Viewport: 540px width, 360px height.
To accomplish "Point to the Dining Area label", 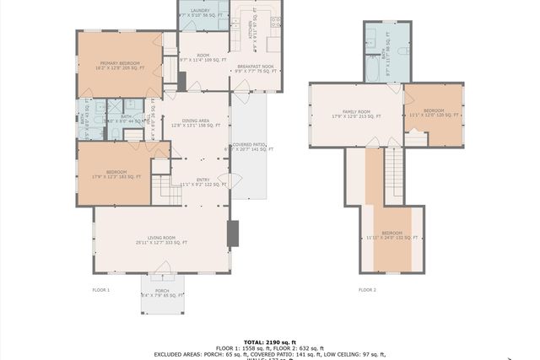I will (x=196, y=123).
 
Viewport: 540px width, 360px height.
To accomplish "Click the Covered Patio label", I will (x=248, y=147).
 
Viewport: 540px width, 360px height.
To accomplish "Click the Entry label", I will (x=202, y=181).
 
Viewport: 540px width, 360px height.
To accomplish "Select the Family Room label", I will (x=356, y=114).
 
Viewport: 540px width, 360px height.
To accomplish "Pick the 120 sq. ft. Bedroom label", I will (x=434, y=113).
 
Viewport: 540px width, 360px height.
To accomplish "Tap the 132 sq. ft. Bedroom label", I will (x=391, y=235).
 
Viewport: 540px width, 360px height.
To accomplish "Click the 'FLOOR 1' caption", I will (x=101, y=289).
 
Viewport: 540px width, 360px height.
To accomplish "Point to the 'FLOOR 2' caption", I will (x=367, y=289).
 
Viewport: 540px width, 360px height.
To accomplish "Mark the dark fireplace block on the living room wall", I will (x=233, y=234).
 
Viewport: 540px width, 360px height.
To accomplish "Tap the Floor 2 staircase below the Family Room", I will (x=392, y=173).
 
